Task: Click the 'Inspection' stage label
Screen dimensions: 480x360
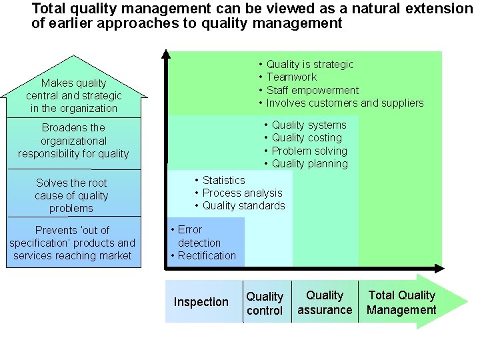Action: coord(201,302)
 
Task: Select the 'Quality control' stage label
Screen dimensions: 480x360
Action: coord(265,303)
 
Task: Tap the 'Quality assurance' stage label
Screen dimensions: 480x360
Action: coord(325,303)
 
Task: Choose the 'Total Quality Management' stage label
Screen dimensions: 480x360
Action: coord(401,303)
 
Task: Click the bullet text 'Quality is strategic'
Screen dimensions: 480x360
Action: coord(310,65)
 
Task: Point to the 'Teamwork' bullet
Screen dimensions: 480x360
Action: coord(291,77)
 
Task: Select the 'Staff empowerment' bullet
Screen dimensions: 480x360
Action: coord(313,90)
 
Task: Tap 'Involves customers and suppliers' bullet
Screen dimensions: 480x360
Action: coord(345,103)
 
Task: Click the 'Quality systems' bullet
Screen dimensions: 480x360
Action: coord(309,125)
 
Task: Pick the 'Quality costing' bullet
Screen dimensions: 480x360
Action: coord(307,138)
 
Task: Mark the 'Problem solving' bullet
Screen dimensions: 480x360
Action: coord(309,151)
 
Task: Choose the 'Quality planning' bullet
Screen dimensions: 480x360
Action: coord(309,163)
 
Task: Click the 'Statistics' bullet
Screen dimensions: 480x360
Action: coord(223,180)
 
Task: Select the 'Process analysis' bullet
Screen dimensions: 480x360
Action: coord(242,193)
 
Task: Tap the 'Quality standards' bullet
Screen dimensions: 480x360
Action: coord(243,205)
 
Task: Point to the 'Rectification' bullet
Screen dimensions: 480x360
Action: coord(207,255)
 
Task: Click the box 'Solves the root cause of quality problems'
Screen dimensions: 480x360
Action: coord(71,195)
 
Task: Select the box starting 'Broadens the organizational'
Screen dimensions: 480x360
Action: coord(73,141)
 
